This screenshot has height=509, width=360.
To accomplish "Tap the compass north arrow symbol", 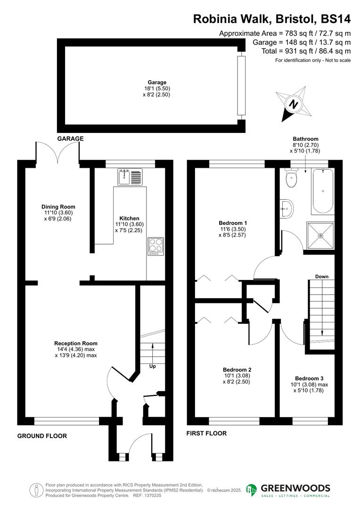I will [294, 105].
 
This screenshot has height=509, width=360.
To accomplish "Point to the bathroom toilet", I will [291, 179].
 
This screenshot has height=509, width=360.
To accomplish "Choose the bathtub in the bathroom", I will [322, 191].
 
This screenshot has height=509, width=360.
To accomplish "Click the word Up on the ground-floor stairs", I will [152, 366].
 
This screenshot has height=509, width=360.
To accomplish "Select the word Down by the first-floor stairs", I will [322, 276].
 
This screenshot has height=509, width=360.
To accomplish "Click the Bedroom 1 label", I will [233, 223].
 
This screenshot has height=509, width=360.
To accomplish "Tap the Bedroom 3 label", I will [309, 378].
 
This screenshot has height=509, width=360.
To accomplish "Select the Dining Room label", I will [58, 207].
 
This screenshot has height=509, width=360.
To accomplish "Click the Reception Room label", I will [76, 344].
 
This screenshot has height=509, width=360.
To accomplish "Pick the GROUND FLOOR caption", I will [42, 436].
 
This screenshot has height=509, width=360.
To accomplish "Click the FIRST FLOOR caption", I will [206, 433].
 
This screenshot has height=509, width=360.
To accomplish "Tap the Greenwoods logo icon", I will [252, 490].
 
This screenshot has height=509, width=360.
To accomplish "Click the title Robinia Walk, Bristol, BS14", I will [272, 19].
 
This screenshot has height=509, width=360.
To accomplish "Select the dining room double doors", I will [57, 152].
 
